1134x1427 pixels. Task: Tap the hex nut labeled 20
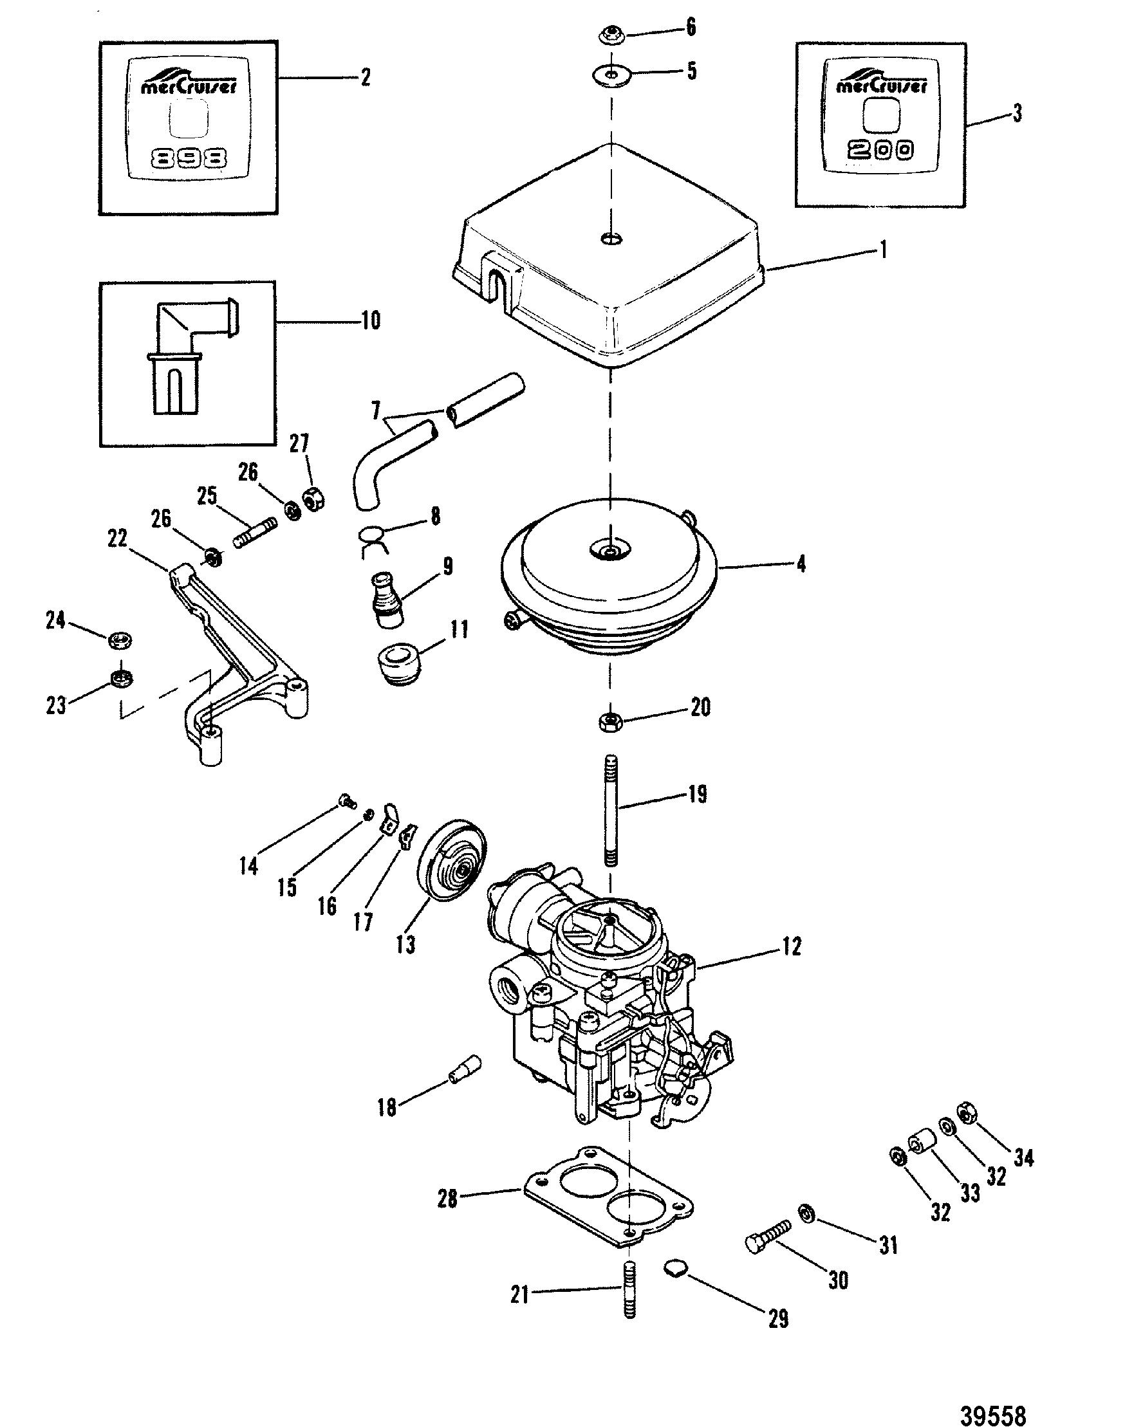(x=609, y=721)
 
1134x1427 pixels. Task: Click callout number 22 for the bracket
(x=117, y=539)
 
